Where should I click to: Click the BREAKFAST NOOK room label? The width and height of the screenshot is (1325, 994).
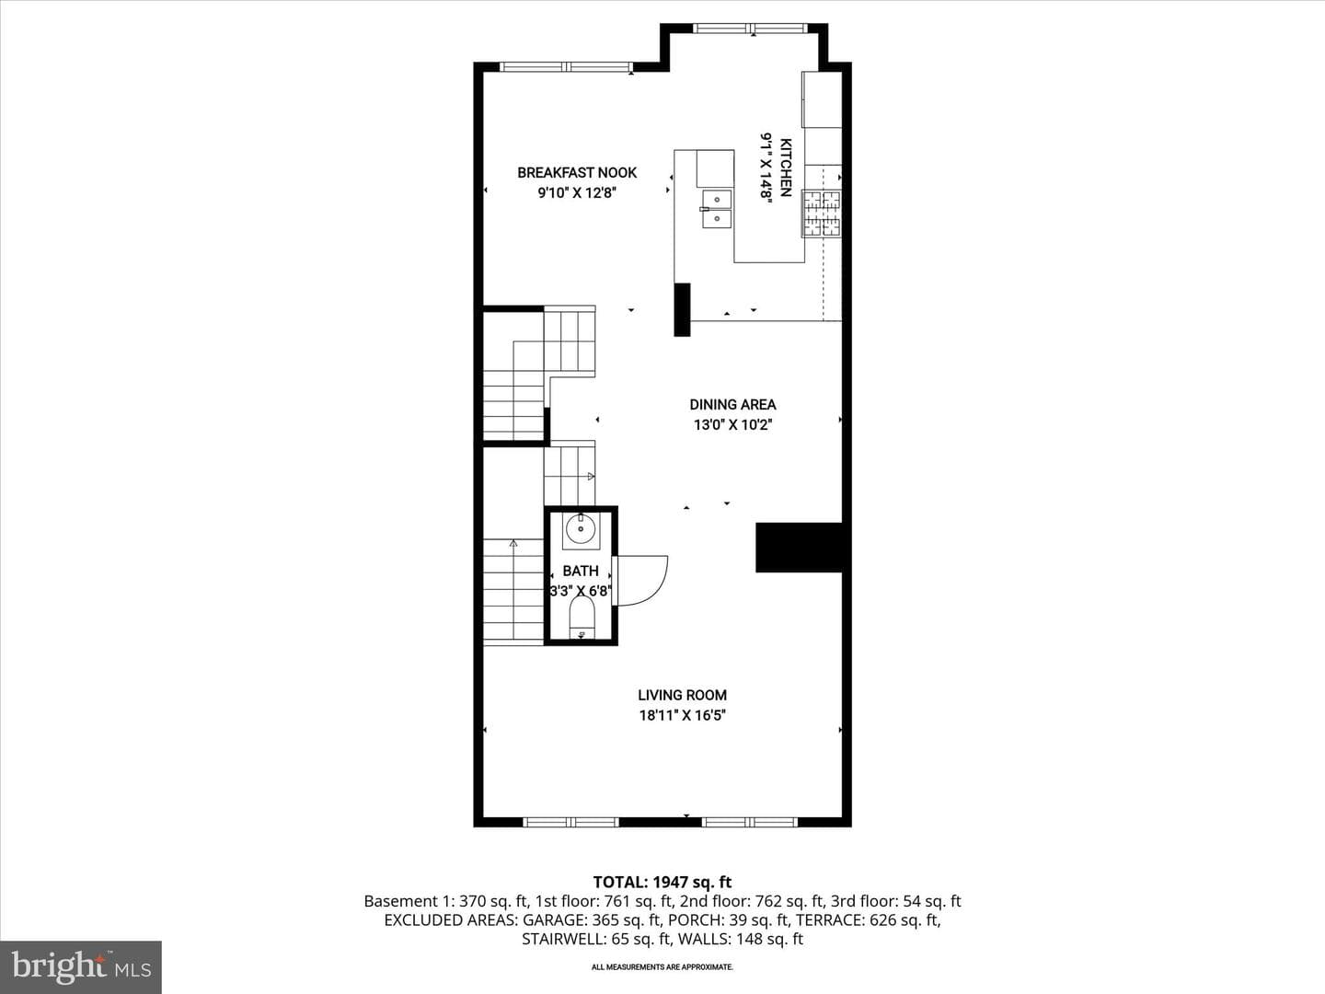577,173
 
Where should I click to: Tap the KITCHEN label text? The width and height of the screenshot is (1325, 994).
786,168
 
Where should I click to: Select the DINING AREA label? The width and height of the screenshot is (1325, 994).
732,404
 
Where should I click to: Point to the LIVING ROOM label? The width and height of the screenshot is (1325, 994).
682,695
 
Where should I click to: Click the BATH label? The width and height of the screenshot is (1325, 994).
581,571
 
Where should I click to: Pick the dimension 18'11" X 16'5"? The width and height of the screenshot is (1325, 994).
682,716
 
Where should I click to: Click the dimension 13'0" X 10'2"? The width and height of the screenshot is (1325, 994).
732,425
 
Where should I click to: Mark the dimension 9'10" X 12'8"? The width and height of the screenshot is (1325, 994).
577,193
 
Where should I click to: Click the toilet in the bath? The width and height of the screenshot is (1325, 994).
582,618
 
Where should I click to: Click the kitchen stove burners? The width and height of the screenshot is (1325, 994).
822,213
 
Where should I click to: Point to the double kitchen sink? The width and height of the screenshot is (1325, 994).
717,209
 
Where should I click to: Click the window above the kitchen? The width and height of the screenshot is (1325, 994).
748,28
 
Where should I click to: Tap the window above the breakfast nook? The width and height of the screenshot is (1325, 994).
567,67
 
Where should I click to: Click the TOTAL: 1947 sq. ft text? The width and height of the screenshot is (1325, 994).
662,883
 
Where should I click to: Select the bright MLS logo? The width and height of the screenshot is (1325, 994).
81,967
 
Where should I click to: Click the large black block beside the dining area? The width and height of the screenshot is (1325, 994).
799,548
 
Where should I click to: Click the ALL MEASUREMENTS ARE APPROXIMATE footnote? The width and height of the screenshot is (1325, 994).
662,966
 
